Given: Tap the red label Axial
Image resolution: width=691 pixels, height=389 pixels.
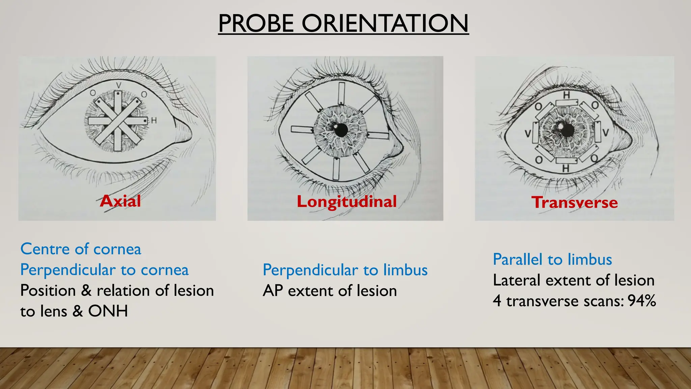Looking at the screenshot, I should pos(120,201).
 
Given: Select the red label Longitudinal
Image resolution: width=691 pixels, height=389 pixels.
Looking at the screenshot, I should pos(347,202).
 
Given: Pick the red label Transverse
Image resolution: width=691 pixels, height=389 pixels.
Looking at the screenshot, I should pos(575,202).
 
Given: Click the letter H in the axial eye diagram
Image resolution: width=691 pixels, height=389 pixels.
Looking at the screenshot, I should pos(154,121).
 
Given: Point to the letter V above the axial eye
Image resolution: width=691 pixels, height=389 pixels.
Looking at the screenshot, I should pos(118,85).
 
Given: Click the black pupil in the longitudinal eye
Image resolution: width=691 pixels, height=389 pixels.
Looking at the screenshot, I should pos(341,130).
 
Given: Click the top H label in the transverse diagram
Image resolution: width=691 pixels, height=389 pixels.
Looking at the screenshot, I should pos(566,95).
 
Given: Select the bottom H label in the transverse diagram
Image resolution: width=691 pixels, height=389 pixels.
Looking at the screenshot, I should pos(566,168).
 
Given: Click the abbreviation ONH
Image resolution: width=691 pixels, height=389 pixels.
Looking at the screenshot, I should pos(108,311).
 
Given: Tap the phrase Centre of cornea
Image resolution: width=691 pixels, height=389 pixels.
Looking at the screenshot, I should pos(81,249).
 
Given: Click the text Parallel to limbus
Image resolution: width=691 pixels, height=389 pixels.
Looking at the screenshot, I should pos(552,260).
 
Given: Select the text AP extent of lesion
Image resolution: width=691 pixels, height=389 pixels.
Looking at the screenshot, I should pos(330,291).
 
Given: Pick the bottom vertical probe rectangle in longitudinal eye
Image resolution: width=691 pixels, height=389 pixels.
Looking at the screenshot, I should pos(336,169).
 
